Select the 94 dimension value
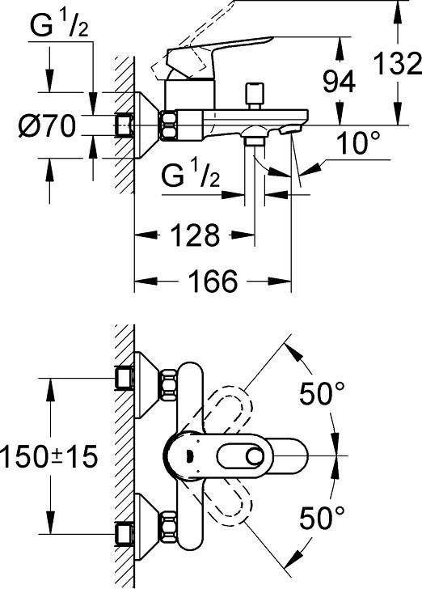click(x=339, y=83)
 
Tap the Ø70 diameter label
click(x=47, y=126)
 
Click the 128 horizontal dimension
click(x=195, y=235)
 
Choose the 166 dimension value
click(x=213, y=281)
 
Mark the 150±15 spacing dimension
click(x=49, y=457)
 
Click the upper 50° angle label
click(x=322, y=393)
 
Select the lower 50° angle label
click(x=322, y=518)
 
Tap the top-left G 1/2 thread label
click(x=59, y=25)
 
